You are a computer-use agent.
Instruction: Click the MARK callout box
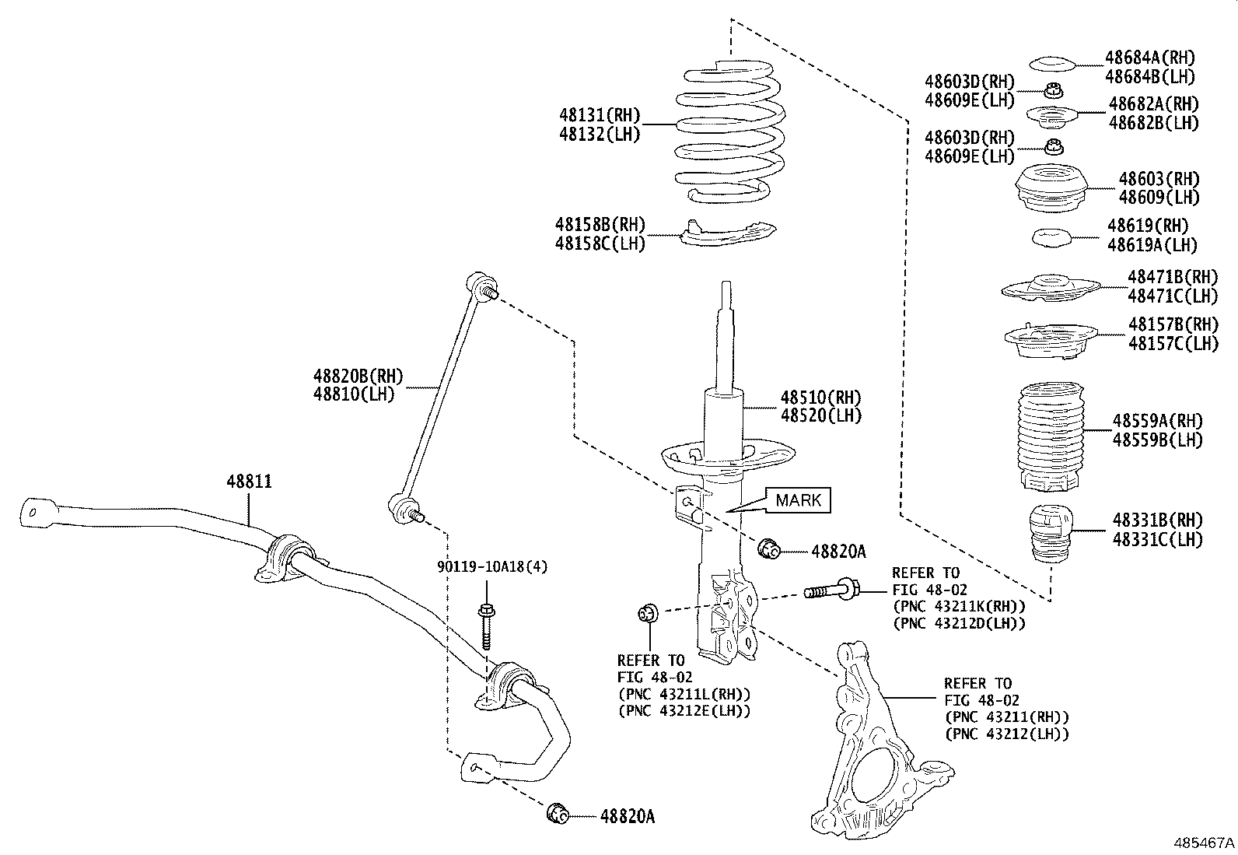pos(799,500)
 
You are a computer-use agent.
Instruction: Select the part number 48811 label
pos(249,482)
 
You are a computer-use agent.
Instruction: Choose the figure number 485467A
pos(1204,843)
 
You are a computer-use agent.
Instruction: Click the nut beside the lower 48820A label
pos(557,814)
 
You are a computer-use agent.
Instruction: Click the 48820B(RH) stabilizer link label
pos(358,377)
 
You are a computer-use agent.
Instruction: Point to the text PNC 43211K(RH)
pos(959,606)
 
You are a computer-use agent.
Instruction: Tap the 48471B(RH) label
pos(1171,277)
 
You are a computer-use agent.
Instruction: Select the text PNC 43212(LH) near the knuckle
pos(1006,734)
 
